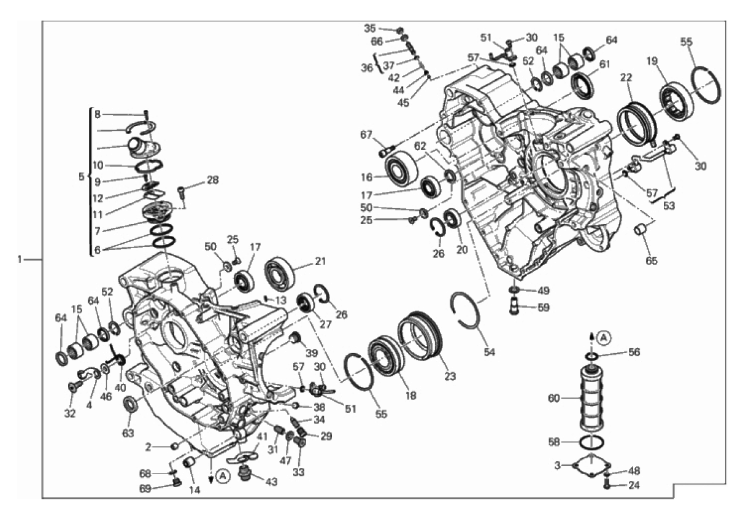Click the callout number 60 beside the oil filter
pos(553,398)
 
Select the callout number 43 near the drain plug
pos(271,482)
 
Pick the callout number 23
pos(450,377)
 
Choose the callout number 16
pos(366,177)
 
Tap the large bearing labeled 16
pos(402,169)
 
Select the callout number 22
pos(626,77)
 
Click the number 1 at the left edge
pos(20,259)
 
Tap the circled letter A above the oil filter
pos(604,338)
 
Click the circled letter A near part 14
pos(223,476)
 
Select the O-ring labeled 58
pos(591,442)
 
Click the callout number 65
pos(651,260)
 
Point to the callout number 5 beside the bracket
pos(82,177)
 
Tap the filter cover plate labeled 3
pos(591,465)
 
